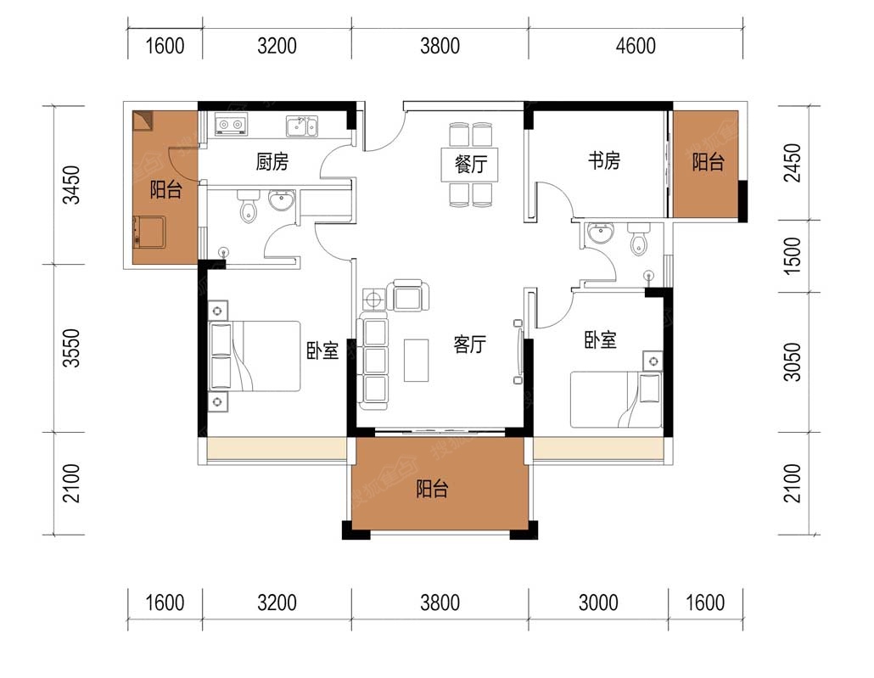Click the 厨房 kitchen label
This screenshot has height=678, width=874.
tap(272, 162)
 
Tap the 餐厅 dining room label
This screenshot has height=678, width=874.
tap(471, 164)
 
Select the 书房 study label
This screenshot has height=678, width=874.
tap(603, 160)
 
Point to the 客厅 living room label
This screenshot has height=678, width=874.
tap(469, 344)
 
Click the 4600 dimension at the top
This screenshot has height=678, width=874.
tap(636, 46)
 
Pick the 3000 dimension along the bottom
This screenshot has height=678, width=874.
tap(598, 602)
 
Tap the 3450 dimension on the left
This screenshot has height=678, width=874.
tap(71, 184)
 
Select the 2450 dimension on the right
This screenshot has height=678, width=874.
tap(792, 162)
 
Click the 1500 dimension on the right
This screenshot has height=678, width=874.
tap(792, 256)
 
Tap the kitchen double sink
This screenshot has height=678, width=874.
tap(301, 126)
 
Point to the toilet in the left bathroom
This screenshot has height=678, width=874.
tap(248, 205)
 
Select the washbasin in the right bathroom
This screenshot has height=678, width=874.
tap(600, 233)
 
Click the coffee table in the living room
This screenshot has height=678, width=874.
tap(416, 360)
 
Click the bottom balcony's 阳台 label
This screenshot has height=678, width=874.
tap(432, 489)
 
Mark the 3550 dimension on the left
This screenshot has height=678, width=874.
tap(71, 348)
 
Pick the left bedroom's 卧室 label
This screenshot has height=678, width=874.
tap(322, 350)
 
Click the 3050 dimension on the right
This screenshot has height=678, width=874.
tap(792, 361)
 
